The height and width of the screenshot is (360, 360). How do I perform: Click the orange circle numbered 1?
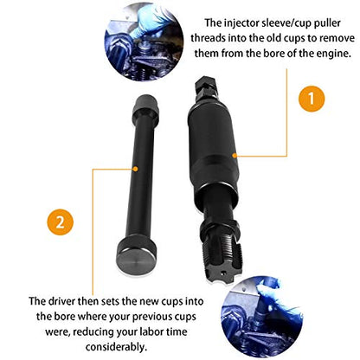click(x=312, y=99)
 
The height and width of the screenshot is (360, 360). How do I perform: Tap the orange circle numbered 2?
click(x=61, y=222)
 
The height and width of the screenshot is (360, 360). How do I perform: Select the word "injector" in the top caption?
click(x=241, y=22)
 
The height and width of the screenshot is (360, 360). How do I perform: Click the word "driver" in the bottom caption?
click(x=61, y=301)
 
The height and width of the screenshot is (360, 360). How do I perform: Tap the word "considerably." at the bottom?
click(x=116, y=347)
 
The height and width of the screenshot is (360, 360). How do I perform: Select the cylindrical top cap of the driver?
click(x=146, y=107)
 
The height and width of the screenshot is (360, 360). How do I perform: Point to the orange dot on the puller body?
click(x=235, y=156)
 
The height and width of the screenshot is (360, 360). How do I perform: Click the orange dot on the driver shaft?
click(x=135, y=169)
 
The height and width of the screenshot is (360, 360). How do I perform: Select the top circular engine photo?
click(x=144, y=42)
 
